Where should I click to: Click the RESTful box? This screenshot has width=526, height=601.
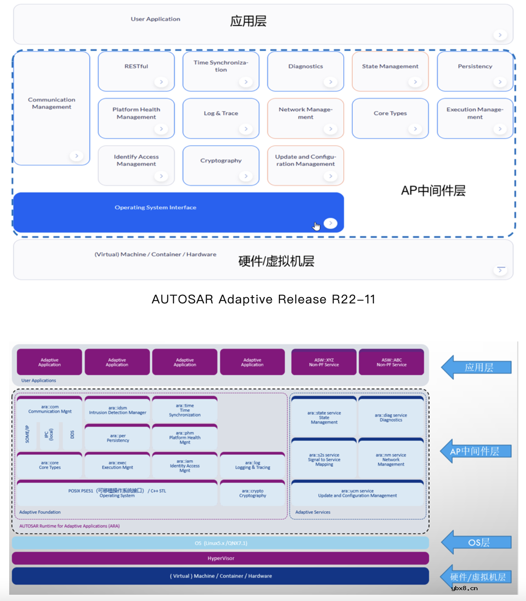click(136, 71)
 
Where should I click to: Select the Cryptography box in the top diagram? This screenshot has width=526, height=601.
click(221, 165)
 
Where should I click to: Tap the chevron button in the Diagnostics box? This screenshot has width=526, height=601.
click(330, 82)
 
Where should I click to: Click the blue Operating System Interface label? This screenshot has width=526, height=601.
click(156, 208)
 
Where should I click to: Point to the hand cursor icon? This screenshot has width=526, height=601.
click(317, 226)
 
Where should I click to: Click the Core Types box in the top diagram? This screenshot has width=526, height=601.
click(390, 117)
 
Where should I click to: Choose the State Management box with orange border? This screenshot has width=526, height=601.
click(390, 71)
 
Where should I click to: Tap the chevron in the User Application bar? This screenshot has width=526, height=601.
click(500, 35)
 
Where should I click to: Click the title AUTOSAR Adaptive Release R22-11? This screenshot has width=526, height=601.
click(263, 299)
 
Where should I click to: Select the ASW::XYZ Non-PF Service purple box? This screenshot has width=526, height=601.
click(324, 362)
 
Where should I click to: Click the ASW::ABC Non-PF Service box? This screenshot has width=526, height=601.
click(391, 362)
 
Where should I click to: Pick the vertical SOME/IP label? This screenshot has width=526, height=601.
click(28, 434)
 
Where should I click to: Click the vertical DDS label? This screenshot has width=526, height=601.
click(72, 435)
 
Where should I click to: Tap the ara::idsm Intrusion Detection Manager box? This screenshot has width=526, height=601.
click(117, 410)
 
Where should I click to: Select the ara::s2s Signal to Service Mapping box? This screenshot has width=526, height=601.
click(324, 459)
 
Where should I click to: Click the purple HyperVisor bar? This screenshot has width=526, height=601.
click(221, 558)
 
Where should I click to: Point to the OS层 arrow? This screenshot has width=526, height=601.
click(477, 542)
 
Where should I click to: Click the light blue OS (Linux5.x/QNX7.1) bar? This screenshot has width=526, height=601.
click(221, 543)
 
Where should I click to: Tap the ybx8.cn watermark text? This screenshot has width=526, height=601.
click(464, 588)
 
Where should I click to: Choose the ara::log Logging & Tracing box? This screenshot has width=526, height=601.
click(253, 465)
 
